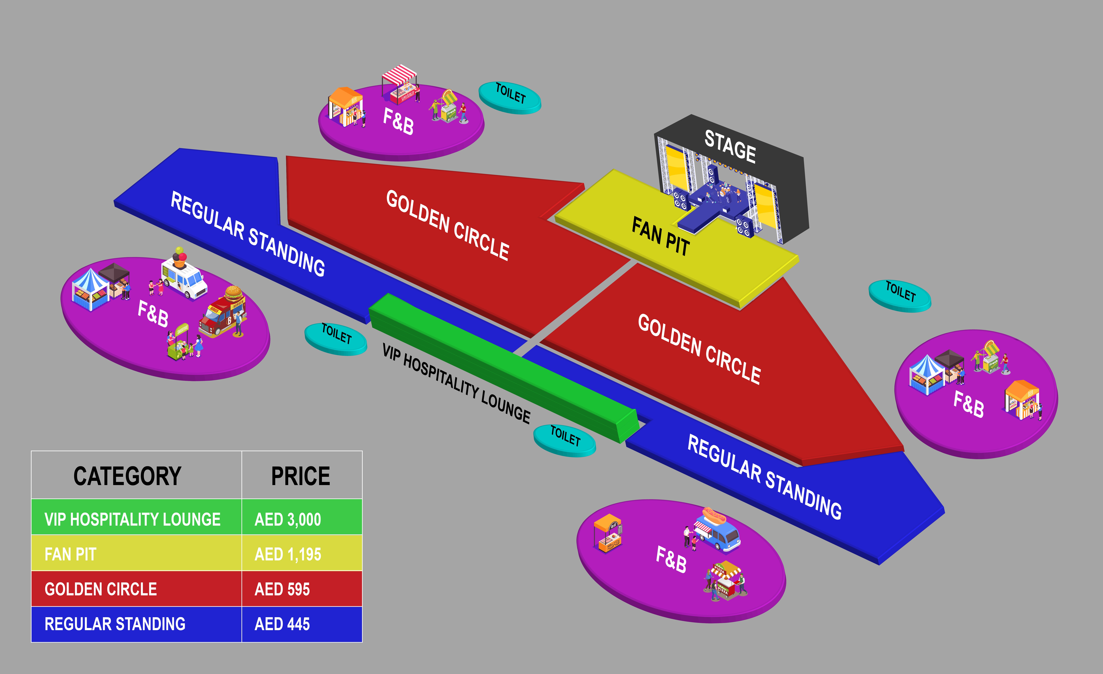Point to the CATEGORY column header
[x=128, y=476]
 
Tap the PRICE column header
[x=301, y=476]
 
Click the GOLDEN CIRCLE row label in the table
[x=101, y=589]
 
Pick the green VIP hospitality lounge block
[x=501, y=367]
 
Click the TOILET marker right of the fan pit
[x=900, y=295]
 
